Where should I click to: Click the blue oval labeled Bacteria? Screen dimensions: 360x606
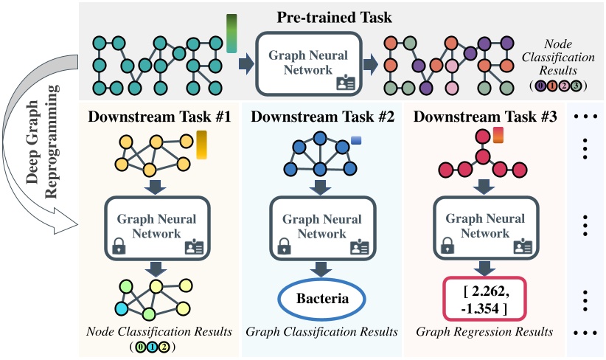(321, 300)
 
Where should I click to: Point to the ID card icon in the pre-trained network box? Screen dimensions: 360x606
(346, 83)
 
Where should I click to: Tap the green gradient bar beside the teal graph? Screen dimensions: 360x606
(232, 34)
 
